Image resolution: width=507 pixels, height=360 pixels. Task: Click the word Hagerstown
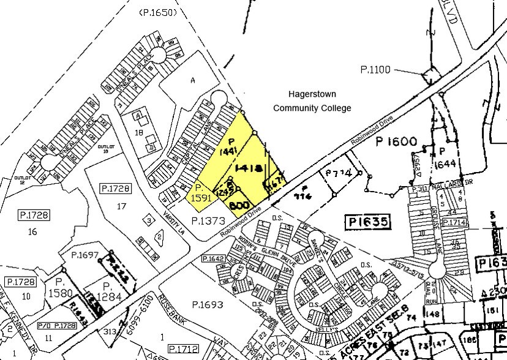pos(312,94)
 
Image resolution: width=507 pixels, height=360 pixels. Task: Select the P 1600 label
pos(397,142)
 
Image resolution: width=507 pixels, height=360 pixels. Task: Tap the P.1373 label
pos(208,220)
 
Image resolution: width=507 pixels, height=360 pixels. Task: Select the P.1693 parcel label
pos(208,304)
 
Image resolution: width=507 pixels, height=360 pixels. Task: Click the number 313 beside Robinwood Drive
pos(111,331)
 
